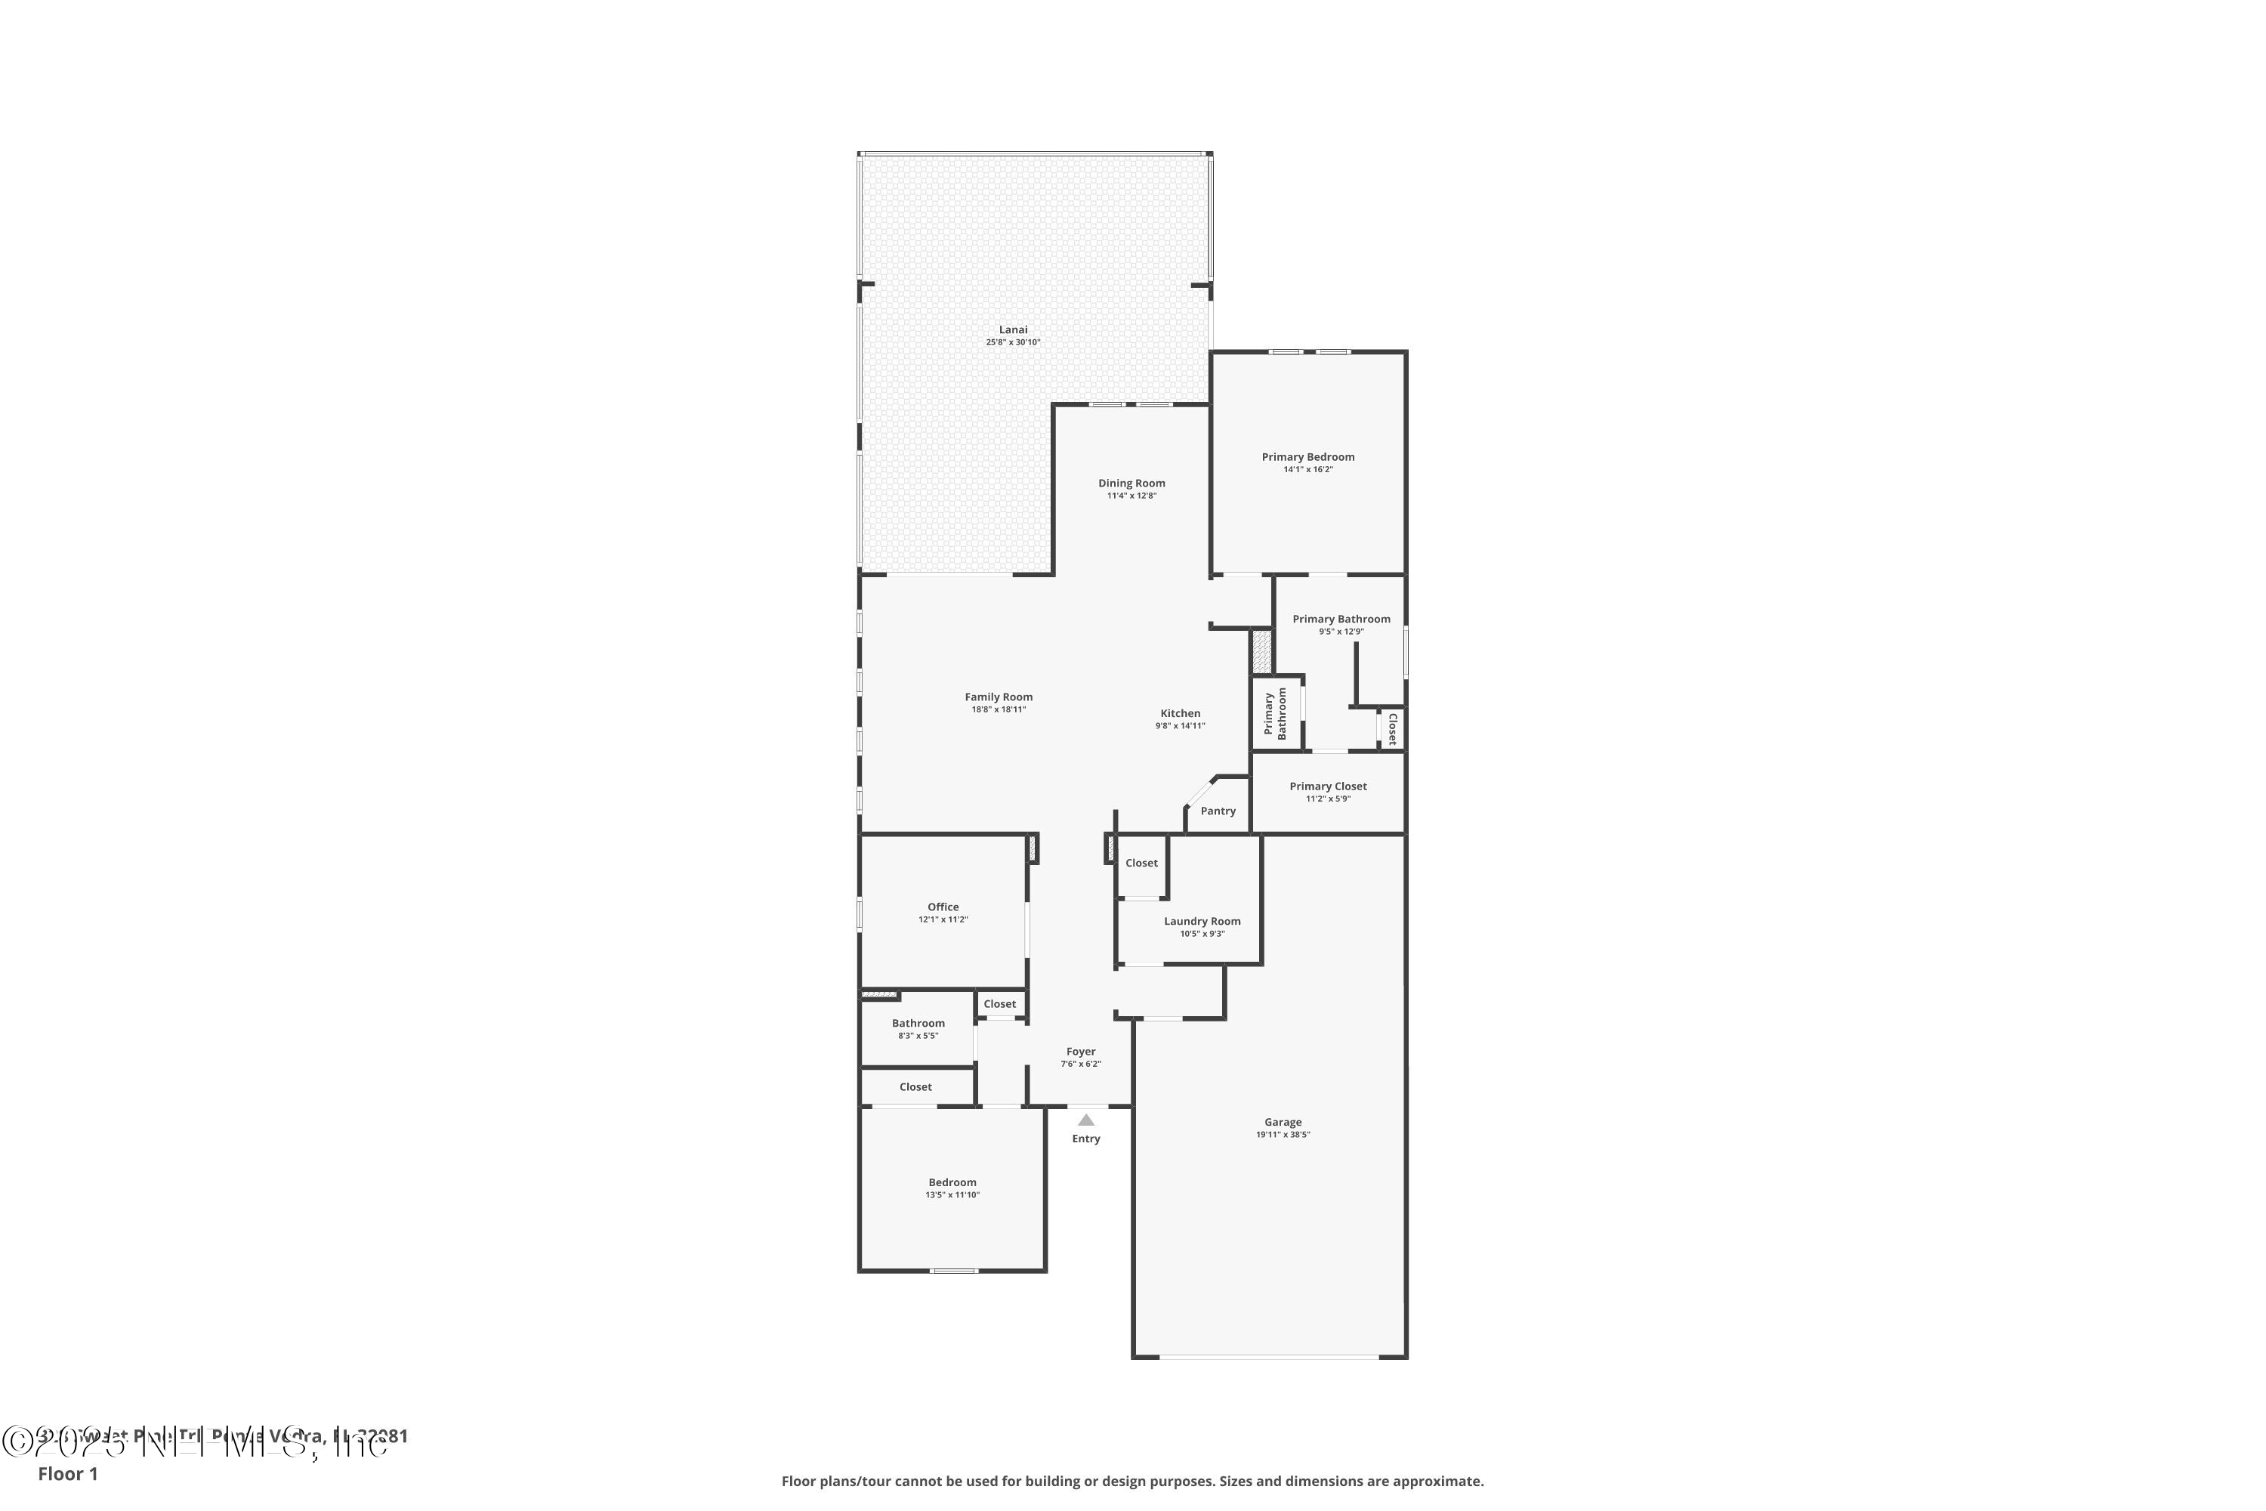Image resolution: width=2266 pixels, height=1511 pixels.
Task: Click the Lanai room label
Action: coord(1013,329)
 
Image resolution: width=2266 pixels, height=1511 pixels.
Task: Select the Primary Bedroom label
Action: coord(1307,457)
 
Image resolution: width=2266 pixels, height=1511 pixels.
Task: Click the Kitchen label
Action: coord(1179,713)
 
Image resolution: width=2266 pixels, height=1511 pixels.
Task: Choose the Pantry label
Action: coord(1218,811)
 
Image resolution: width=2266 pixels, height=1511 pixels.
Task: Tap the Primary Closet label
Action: coord(1328,786)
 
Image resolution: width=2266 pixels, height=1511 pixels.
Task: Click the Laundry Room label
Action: coord(1202,921)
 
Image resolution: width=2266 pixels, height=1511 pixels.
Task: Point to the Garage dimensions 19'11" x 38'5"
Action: coord(1283,1136)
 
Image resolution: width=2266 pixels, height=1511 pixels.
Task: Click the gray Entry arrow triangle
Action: coord(1086,1120)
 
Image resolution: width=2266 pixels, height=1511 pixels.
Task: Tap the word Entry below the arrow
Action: coord(1086,1139)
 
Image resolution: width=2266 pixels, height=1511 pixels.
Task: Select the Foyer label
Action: coord(1080,1052)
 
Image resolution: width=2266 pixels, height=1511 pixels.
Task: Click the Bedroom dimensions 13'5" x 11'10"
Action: coord(952,1195)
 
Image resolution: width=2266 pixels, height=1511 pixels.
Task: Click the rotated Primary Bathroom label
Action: coord(1275,713)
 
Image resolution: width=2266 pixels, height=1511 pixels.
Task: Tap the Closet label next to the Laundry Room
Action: coord(1141,864)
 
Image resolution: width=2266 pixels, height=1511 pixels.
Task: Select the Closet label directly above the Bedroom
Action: coord(915,1087)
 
